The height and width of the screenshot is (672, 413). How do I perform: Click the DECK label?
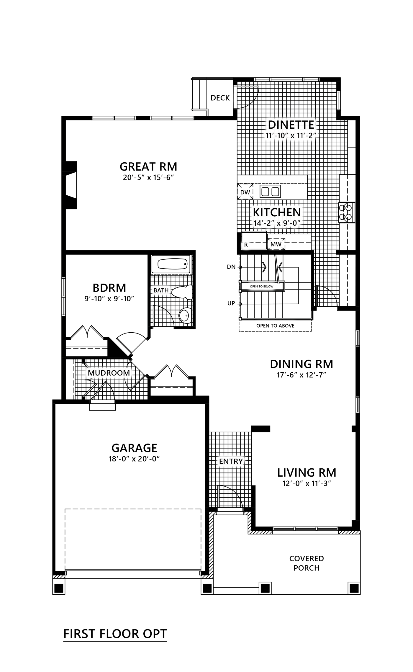220,98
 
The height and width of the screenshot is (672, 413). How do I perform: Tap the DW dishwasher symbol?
245,192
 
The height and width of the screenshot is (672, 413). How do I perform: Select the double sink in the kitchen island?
270,192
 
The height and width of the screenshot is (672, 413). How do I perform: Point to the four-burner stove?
347,212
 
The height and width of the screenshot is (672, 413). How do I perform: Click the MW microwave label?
276,244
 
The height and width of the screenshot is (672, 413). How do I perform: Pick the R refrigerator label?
246,245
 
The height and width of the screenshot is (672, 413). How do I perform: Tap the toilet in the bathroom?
182,292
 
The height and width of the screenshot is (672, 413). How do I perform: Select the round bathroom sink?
185,315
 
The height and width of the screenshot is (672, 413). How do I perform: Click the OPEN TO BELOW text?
262,286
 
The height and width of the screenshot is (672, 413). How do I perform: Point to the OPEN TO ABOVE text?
275,326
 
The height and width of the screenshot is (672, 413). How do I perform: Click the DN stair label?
231,267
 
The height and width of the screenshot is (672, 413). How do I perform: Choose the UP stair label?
231,303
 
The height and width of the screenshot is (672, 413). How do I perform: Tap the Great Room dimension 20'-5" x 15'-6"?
148,178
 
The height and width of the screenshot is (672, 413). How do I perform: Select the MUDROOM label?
109,373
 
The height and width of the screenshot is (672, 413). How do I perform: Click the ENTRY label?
231,461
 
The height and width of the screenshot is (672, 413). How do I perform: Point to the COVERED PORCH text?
307,563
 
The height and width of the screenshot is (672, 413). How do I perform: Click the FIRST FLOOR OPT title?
115,634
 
